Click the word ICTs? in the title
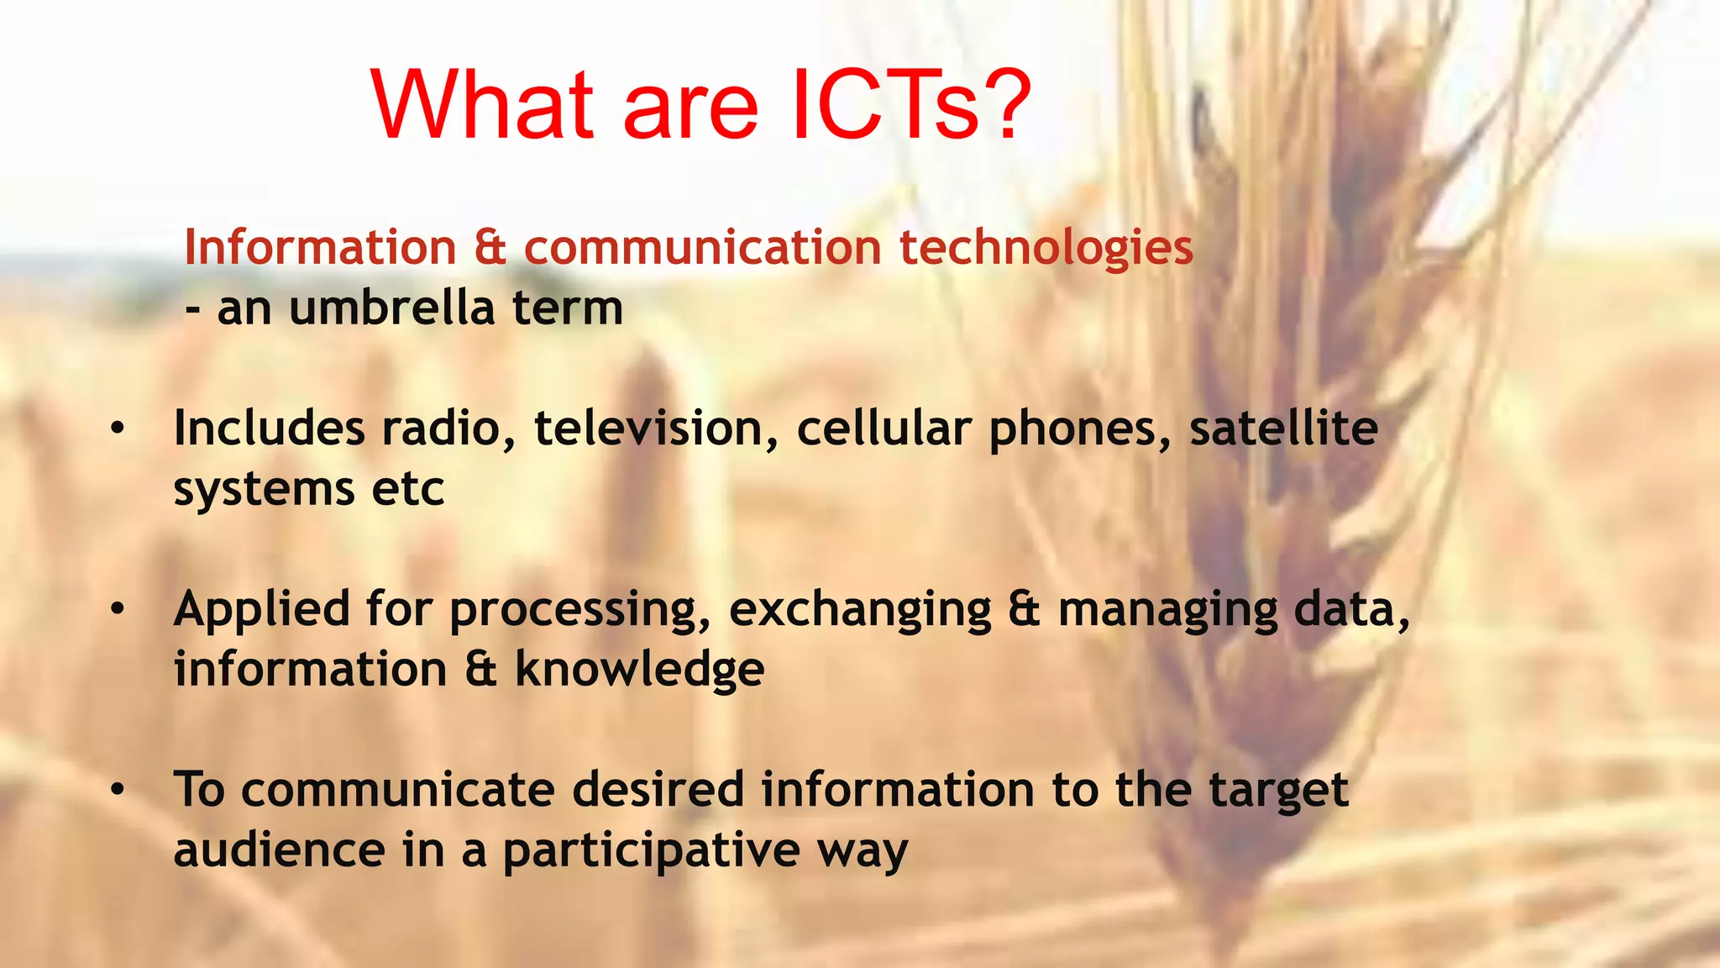pos(910,105)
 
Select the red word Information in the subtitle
pos(320,248)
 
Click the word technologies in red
pos(1046,248)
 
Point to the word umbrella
pos(391,308)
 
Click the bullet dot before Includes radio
pos(118,429)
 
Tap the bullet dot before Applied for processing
pos(118,609)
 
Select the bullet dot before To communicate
pos(118,790)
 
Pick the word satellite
pos(1283,429)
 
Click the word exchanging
pos(860,611)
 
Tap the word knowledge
pos(639,670)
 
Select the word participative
pos(651,851)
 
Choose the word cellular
pos(884,429)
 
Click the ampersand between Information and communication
pos(490,248)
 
